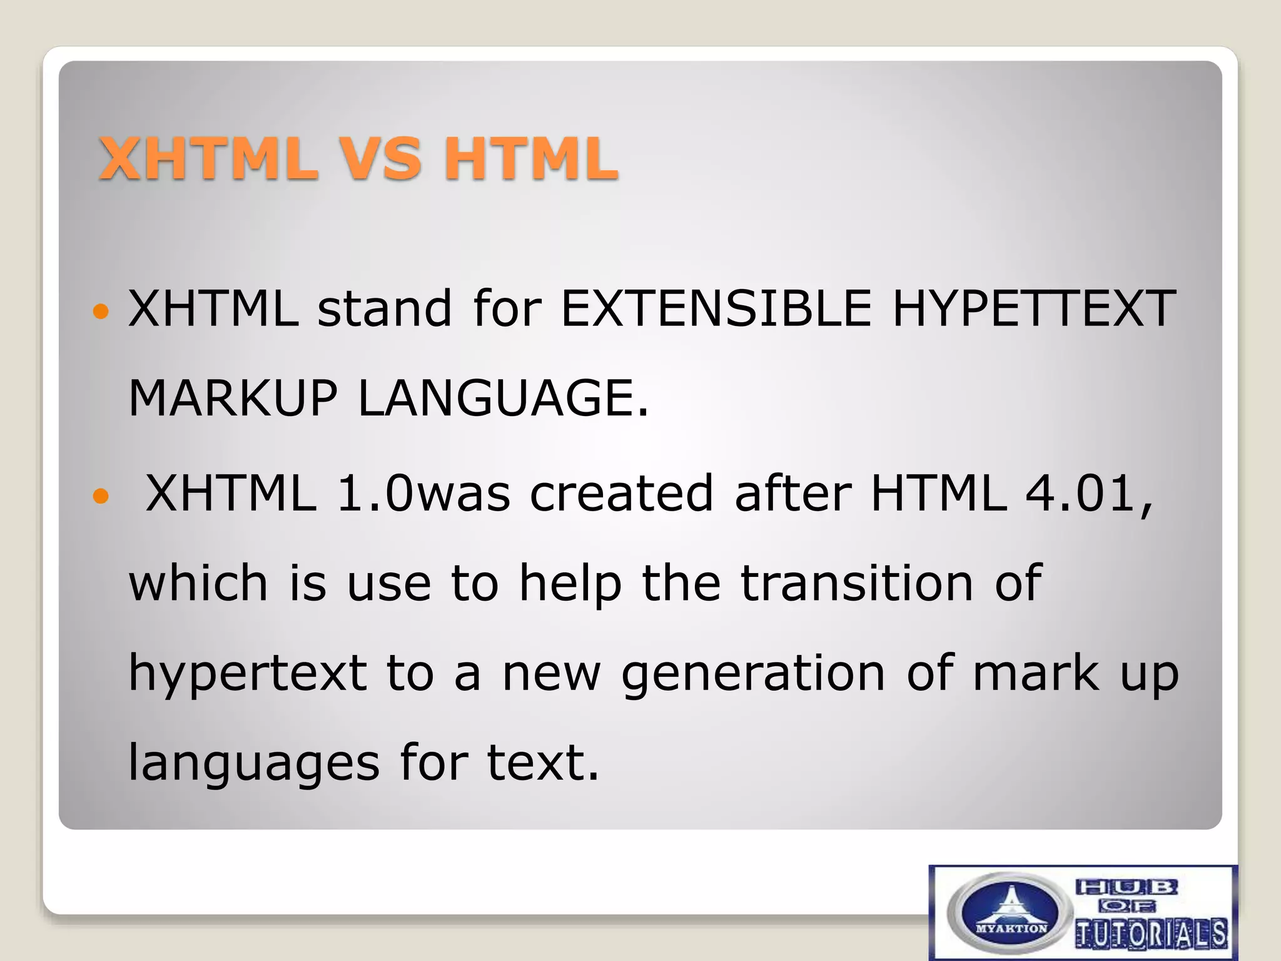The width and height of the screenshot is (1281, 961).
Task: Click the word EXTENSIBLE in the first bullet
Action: point(716,308)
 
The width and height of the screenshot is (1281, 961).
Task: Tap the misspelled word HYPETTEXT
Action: point(1033,308)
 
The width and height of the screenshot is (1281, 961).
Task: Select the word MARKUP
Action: point(233,399)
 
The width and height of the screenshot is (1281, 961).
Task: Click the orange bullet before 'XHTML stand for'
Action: point(100,310)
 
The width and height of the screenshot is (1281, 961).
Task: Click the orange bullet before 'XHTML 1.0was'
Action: point(100,497)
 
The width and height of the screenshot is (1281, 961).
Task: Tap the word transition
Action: point(857,582)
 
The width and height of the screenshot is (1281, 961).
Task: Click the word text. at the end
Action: point(542,763)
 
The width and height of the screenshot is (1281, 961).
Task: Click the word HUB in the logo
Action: point(1127,887)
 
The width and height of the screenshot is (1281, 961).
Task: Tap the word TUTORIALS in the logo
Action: point(1152,933)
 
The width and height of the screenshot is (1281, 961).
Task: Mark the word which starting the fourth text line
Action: point(198,582)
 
